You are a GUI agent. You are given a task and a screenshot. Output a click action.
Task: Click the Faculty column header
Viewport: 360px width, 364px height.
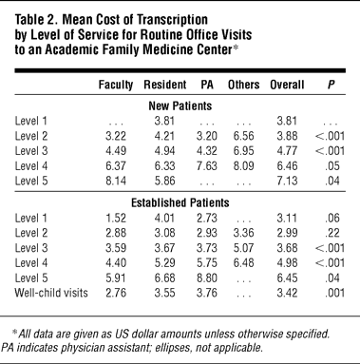[116, 85]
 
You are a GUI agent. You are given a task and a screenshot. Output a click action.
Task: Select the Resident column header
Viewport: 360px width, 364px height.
[165, 85]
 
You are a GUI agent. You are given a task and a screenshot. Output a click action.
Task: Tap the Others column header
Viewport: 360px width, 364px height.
[243, 85]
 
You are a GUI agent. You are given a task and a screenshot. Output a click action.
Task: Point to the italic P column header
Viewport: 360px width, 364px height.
[331, 85]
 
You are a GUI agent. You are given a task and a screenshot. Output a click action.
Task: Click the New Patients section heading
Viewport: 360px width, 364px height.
[180, 105]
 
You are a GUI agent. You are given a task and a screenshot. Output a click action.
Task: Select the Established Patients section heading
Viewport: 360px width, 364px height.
[180, 202]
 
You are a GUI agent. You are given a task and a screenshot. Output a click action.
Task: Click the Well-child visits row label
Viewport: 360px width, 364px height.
[51, 293]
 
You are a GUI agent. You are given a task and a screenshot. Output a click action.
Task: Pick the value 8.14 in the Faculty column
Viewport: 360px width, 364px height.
[116, 181]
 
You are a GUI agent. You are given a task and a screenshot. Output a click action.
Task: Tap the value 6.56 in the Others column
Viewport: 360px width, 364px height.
[243, 136]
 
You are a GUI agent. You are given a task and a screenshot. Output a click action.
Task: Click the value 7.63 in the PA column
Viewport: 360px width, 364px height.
[207, 166]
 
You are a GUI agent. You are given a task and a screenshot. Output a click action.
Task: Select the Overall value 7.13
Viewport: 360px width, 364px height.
[287, 181]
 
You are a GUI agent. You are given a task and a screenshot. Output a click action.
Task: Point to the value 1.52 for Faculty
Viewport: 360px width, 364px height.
[116, 218]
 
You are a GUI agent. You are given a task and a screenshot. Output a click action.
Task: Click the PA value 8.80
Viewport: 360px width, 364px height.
[207, 278]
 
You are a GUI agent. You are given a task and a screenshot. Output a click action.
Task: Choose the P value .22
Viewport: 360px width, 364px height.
[332, 233]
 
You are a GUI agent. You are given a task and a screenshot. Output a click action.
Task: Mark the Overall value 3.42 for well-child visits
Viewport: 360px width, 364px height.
[287, 293]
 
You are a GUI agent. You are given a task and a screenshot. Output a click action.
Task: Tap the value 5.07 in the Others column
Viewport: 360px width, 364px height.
[243, 248]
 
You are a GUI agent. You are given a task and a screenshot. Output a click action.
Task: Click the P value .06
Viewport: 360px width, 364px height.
[332, 218]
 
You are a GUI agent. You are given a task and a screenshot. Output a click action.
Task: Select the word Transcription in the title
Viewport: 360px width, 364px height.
[173, 20]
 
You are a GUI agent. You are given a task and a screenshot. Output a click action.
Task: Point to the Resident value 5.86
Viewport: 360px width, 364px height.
[164, 181]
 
